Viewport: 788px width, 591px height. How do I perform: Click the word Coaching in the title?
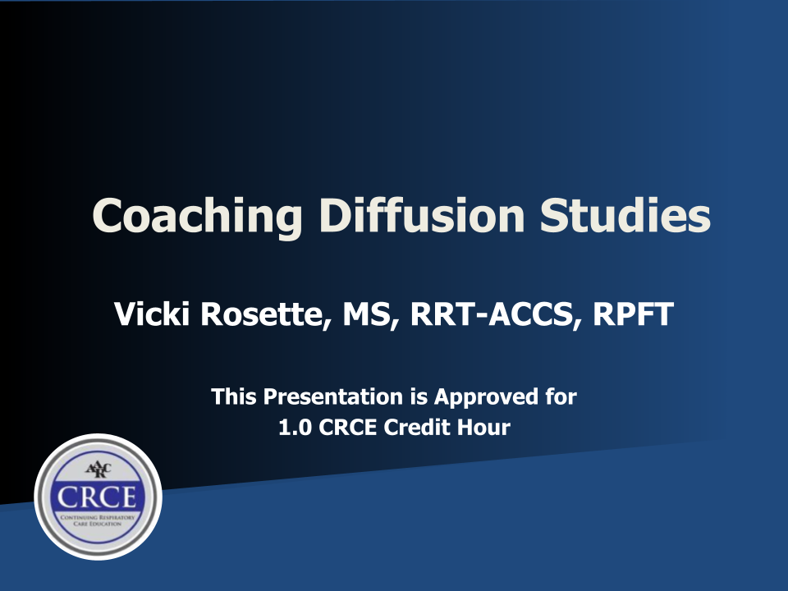197,216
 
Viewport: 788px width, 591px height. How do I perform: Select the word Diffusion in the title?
422,215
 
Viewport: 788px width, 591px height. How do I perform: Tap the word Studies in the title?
625,215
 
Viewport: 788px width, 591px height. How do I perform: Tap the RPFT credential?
633,314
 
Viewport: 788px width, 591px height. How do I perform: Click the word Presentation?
332,396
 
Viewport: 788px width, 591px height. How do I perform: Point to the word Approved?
486,397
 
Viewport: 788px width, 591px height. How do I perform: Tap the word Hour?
482,428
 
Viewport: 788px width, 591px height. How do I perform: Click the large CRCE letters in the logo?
97,497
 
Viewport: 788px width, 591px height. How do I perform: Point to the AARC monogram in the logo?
98,470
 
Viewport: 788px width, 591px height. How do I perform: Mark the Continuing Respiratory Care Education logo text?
98,520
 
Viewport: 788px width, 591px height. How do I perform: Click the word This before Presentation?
234,396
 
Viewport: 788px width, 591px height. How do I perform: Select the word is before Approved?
419,396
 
